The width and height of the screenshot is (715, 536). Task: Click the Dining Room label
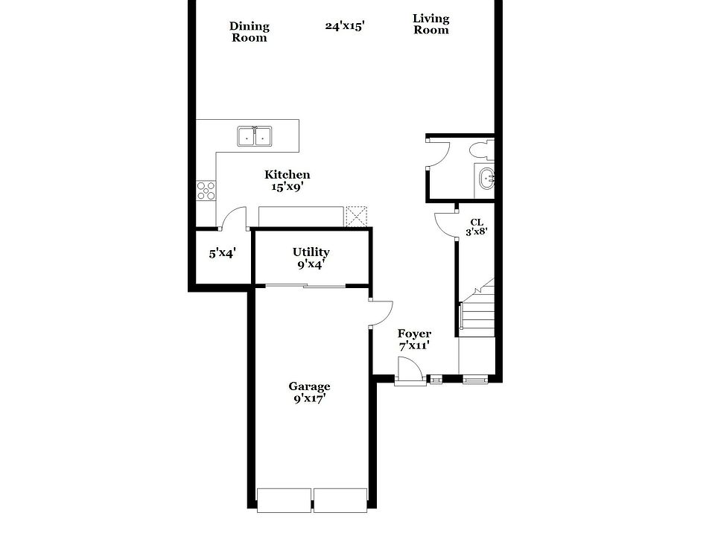(x=249, y=32)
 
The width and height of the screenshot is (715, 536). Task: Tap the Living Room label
(x=431, y=25)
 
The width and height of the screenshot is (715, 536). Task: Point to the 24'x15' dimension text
(x=344, y=25)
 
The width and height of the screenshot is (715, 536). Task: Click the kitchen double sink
(x=255, y=137)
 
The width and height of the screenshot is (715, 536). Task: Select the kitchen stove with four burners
(x=206, y=191)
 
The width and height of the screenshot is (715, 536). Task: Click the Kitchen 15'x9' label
(x=287, y=181)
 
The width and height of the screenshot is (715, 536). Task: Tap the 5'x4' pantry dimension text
(x=222, y=253)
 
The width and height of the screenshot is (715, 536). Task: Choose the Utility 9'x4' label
(x=311, y=258)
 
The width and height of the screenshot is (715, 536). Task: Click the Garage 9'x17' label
(x=309, y=392)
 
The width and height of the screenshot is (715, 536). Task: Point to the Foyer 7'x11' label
(x=414, y=339)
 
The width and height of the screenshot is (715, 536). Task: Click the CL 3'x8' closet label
(x=477, y=227)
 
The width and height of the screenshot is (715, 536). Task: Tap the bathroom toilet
(x=481, y=151)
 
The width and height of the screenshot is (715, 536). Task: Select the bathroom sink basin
(x=486, y=179)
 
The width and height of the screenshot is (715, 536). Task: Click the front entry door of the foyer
(x=408, y=371)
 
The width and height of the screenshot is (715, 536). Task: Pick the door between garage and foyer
(x=380, y=313)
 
